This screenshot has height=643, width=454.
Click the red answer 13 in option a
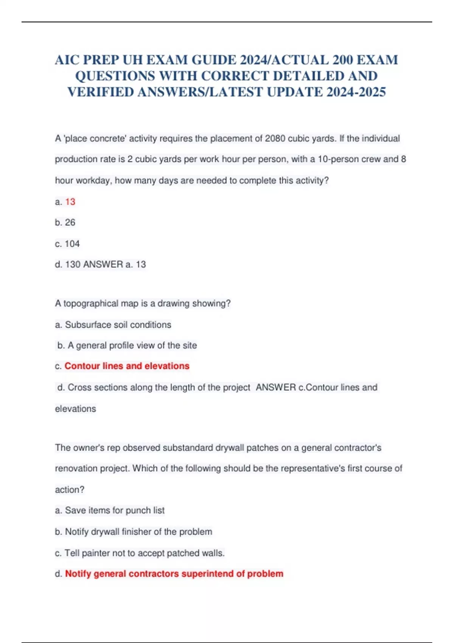pyautogui.click(x=70, y=202)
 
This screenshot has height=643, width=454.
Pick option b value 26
pyautogui.click(x=70, y=222)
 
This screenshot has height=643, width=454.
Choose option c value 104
pyautogui.click(x=72, y=244)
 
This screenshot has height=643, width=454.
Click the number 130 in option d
pyautogui.click(x=73, y=264)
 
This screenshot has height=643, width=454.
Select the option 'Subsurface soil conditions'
pyautogui.click(x=118, y=325)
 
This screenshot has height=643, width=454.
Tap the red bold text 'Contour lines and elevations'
pyautogui.click(x=127, y=366)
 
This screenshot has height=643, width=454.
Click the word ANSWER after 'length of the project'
pyautogui.click(x=276, y=387)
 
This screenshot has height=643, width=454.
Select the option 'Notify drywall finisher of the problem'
pyautogui.click(x=138, y=532)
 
